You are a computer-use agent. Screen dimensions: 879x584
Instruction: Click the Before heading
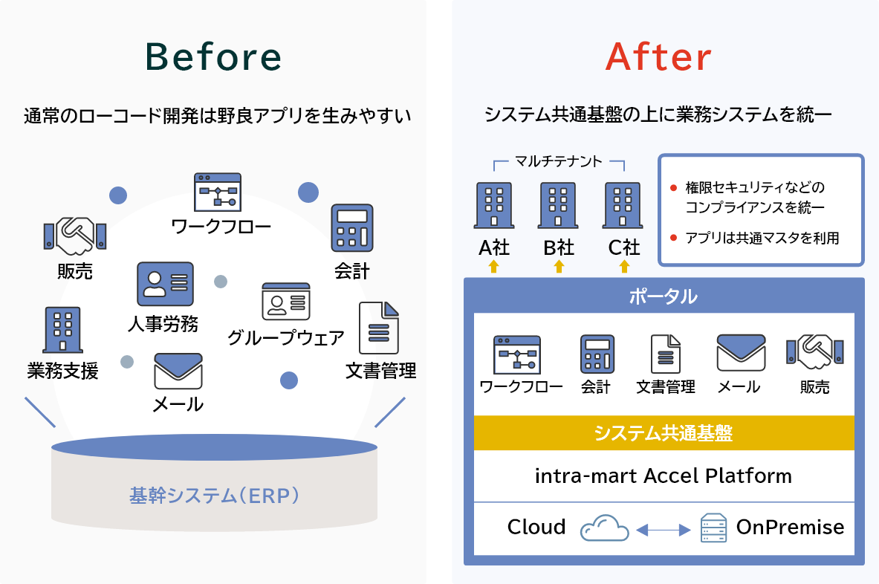[213, 56]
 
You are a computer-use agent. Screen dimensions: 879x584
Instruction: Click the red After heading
[658, 56]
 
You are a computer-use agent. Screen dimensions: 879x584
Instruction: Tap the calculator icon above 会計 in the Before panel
[352, 227]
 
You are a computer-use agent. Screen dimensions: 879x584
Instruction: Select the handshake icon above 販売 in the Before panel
[75, 236]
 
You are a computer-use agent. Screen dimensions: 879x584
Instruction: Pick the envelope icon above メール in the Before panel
[178, 371]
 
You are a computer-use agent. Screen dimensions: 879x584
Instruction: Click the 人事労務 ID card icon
[166, 284]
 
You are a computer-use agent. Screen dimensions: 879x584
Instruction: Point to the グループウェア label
[286, 337]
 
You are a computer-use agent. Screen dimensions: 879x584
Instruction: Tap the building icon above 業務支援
[62, 330]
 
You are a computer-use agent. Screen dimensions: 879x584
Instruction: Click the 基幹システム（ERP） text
[214, 496]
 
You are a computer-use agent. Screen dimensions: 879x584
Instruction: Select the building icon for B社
[558, 205]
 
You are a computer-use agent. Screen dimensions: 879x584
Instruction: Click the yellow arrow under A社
[494, 266]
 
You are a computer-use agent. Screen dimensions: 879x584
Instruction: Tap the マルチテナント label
[558, 161]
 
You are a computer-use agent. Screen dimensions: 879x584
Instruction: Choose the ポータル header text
[664, 296]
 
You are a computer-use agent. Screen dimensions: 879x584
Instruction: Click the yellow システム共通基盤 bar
[664, 432]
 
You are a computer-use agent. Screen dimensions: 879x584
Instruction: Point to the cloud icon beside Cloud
[604, 528]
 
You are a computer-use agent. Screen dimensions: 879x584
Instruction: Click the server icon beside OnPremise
[713, 528]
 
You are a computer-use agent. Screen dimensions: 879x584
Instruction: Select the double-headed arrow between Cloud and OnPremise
[664, 530]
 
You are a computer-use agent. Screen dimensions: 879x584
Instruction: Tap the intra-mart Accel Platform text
[664, 476]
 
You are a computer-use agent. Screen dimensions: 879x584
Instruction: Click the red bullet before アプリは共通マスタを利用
[673, 239]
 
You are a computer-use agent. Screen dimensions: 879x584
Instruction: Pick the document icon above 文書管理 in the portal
[666, 354]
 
